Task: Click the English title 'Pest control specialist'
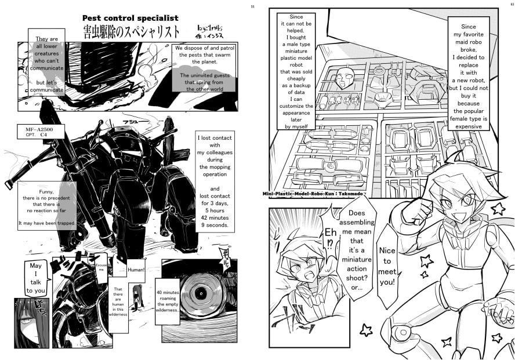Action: click(x=130, y=18)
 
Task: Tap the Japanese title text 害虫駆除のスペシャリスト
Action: click(x=130, y=31)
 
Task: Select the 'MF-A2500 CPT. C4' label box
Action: click(x=40, y=131)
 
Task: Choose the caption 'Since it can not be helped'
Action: click(x=296, y=71)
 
